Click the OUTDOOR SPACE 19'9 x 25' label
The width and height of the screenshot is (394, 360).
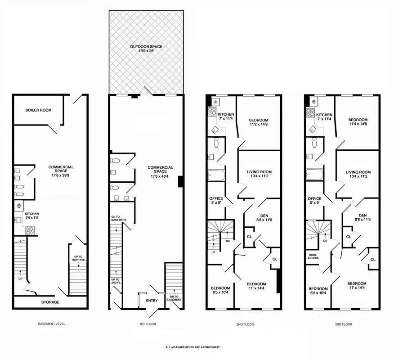coord(146,49)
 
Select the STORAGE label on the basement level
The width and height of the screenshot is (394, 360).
coord(50,302)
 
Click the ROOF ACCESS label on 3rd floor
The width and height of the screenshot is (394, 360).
coord(313,256)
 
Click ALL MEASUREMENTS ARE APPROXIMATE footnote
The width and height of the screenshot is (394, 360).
coord(193,347)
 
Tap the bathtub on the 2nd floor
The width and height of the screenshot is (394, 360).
coord(215,175)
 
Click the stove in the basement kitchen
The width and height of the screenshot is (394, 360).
coord(31,231)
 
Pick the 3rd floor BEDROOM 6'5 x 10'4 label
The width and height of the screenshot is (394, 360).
coord(318,291)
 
